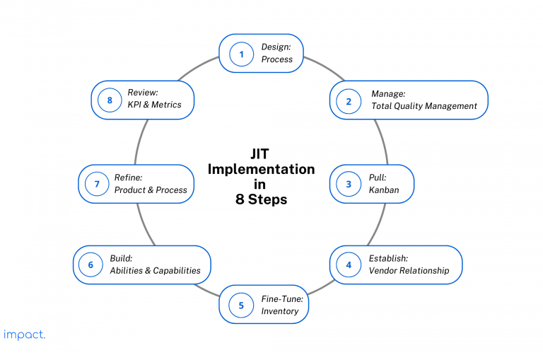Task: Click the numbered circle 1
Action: [241, 54]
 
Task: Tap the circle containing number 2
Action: [348, 100]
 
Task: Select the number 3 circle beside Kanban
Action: [348, 185]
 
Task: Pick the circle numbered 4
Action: [348, 265]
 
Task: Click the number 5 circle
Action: [241, 306]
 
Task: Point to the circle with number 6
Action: [91, 265]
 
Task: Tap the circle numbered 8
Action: [110, 100]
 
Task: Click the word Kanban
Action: [385, 190]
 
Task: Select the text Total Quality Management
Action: [424, 106]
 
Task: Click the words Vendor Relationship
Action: [409, 271]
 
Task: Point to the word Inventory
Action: [280, 311]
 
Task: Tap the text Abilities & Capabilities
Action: [155, 271]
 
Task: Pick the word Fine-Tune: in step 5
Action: [282, 299]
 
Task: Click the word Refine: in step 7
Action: [129, 178]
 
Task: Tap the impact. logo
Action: [24, 335]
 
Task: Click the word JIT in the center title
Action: [261, 154]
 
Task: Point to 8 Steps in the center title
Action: [261, 199]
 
